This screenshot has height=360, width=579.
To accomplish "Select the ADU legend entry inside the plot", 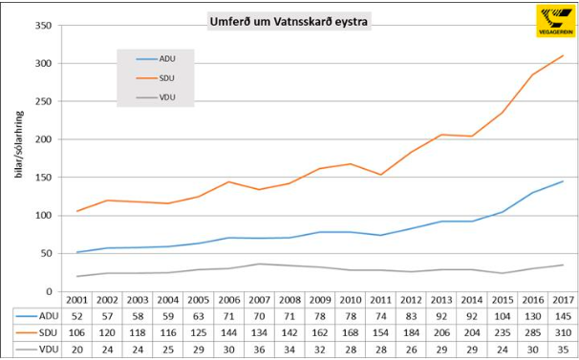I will tap(165, 57).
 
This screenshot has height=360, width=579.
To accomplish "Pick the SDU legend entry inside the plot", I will tap(165, 77).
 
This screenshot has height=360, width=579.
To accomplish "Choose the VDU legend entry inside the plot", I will tap(165, 97).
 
